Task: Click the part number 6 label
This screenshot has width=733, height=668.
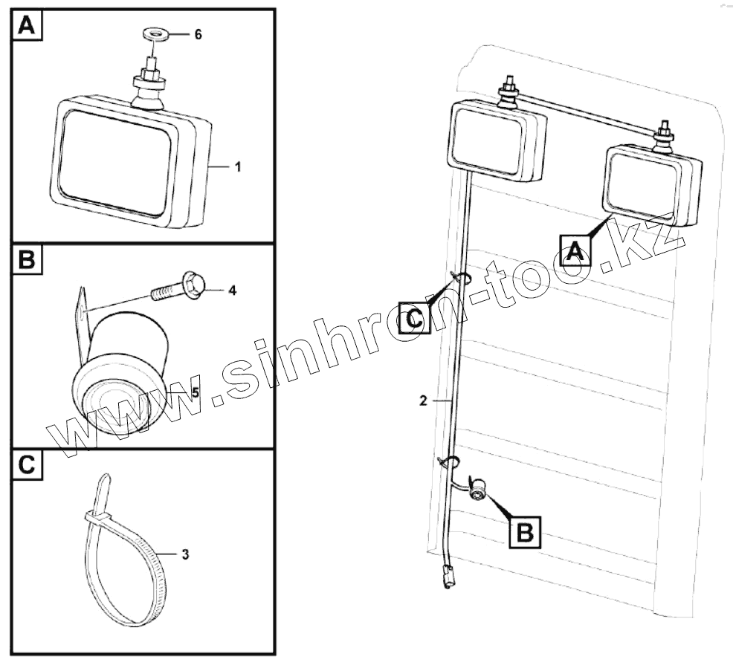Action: pyautogui.click(x=198, y=35)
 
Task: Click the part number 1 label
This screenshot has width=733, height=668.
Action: pyautogui.click(x=238, y=168)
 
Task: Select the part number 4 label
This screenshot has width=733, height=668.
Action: pyautogui.click(x=232, y=291)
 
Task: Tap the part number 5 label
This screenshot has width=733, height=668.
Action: pyautogui.click(x=195, y=392)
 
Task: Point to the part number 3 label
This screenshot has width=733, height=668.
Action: pyautogui.click(x=185, y=554)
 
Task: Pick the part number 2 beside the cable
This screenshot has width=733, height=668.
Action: pyautogui.click(x=422, y=401)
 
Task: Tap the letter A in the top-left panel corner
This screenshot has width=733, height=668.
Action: pyautogui.click(x=26, y=27)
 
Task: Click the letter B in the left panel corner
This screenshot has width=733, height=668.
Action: pyautogui.click(x=26, y=262)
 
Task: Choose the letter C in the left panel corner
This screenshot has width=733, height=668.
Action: pyautogui.click(x=26, y=466)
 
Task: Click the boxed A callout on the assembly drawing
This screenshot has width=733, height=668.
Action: pyautogui.click(x=575, y=250)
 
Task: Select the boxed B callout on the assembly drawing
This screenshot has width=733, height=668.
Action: pyautogui.click(x=525, y=531)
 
